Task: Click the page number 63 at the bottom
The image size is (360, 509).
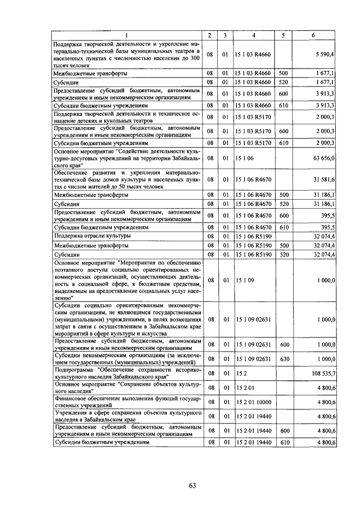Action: point(192,487)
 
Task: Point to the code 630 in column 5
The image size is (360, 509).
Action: point(284,358)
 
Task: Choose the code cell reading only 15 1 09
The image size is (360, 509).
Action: point(246,280)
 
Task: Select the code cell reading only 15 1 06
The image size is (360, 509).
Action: point(246,159)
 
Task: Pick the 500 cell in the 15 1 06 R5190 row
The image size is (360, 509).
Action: point(284,246)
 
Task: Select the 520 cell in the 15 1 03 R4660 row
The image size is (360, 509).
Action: point(284,83)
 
